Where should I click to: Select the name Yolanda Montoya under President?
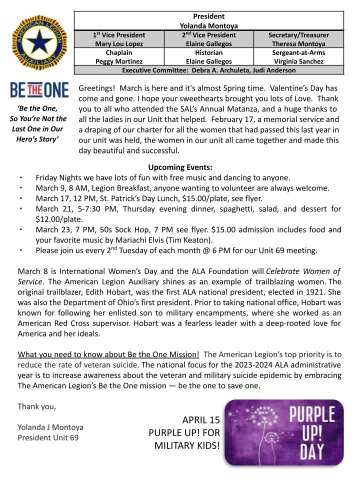click(209, 25)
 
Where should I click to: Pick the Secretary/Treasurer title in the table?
click(298, 35)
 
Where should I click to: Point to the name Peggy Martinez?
click(119, 61)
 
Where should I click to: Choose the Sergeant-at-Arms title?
click(298, 52)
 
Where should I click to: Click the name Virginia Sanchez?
click(298, 61)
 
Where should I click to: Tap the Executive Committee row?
click(209, 70)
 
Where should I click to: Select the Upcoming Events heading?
click(180, 167)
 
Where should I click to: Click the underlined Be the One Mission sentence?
click(108, 355)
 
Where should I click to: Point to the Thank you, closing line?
click(36, 406)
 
